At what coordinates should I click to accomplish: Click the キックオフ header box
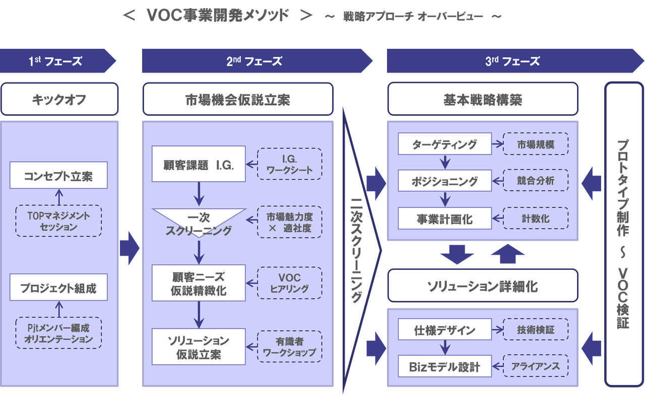click(59, 99)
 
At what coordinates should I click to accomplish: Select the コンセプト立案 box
click(58, 176)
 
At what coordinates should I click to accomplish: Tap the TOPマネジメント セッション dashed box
click(58, 221)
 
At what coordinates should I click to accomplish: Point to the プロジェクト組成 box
click(58, 288)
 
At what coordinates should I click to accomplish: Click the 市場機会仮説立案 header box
click(238, 99)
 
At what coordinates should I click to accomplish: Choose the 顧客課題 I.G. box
click(199, 164)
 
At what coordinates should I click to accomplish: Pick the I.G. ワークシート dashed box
click(290, 164)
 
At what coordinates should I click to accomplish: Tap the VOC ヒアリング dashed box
click(290, 283)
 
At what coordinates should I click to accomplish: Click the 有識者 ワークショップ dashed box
click(290, 347)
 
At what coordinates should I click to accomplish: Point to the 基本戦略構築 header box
click(482, 99)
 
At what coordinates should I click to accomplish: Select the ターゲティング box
click(444, 144)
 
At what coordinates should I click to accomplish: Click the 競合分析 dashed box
click(536, 180)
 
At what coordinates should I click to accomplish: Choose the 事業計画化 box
click(444, 219)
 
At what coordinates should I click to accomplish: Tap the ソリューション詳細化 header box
click(482, 286)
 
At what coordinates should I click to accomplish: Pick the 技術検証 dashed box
click(536, 330)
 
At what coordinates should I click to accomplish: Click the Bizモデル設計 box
click(444, 366)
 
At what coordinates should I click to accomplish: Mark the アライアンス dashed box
click(536, 366)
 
